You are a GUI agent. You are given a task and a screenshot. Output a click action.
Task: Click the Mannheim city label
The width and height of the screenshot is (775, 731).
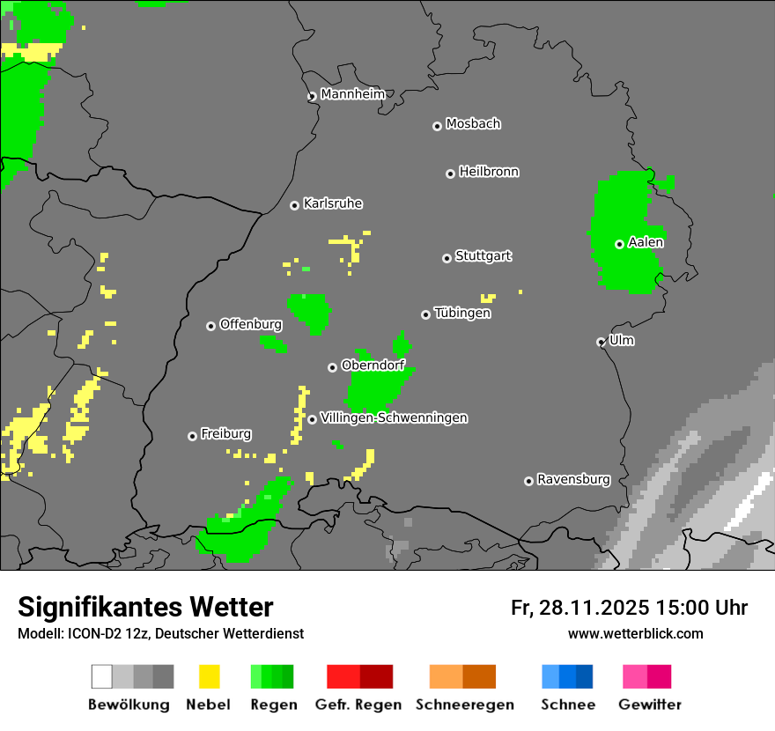click(353, 94)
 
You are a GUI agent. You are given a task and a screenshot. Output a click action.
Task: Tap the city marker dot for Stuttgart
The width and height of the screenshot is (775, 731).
click(447, 258)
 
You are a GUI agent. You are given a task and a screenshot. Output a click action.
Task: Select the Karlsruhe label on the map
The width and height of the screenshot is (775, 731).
click(333, 203)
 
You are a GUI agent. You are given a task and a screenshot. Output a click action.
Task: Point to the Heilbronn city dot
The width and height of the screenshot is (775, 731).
click(450, 174)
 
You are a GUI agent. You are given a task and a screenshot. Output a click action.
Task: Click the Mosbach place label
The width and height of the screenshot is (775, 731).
click(473, 124)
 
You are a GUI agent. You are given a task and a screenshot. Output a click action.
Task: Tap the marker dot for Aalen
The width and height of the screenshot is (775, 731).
click(619, 244)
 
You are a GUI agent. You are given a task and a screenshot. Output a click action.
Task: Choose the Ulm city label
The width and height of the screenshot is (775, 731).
click(622, 340)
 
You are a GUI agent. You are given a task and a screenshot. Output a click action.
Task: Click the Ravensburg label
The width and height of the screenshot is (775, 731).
click(573, 479)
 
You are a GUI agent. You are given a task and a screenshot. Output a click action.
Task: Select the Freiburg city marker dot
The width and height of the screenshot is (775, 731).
click(192, 436)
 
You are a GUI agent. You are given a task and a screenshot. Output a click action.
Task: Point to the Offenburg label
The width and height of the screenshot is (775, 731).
click(251, 324)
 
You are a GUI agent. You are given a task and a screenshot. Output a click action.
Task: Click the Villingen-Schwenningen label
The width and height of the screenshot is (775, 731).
click(394, 417)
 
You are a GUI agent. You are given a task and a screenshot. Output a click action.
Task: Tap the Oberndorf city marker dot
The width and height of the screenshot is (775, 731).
click(332, 367)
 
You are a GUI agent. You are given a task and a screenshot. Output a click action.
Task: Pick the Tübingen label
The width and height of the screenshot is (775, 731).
click(462, 313)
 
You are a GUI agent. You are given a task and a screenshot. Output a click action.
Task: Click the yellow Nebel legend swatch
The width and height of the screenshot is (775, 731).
click(209, 676)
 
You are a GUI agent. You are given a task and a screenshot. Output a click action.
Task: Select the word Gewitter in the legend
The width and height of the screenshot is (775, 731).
click(650, 705)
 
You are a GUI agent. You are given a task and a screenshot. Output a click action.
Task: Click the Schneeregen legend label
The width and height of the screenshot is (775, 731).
click(464, 705)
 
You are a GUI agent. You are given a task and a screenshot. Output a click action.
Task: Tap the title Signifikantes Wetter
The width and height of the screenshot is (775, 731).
click(145, 607)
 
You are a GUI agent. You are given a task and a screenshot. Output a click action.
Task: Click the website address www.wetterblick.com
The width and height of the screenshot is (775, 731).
click(635, 633)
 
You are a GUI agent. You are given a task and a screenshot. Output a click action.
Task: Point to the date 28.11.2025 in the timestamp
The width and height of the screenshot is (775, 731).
click(593, 608)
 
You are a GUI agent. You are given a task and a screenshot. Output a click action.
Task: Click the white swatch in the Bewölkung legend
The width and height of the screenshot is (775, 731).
click(102, 676)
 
